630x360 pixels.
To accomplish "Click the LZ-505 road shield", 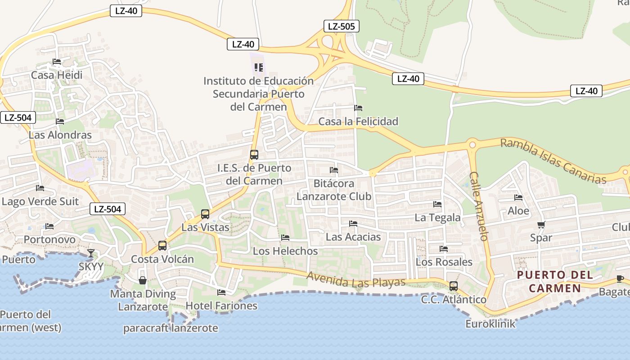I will [x=341, y=26].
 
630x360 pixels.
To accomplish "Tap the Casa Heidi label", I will [x=57, y=75].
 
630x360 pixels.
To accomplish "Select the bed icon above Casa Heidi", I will [x=57, y=62].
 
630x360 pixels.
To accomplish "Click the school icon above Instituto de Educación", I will [x=258, y=67].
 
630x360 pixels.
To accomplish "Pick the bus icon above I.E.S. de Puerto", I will [x=254, y=155].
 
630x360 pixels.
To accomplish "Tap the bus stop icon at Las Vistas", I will [x=205, y=214].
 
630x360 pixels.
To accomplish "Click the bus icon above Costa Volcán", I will [x=162, y=246].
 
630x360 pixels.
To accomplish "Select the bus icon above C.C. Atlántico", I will [x=454, y=286].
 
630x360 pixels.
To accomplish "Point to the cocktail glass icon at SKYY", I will [x=91, y=253].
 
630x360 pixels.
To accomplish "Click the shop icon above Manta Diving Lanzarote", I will [x=143, y=280].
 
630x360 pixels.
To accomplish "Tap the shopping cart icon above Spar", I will [x=541, y=225].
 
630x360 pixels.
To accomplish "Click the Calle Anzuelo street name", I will [x=479, y=206].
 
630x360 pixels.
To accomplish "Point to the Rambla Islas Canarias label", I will [x=553, y=161].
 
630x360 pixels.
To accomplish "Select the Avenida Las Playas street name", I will [x=356, y=279].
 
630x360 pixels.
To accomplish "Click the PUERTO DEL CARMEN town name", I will [x=554, y=281].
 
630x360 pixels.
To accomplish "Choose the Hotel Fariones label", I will [x=221, y=306].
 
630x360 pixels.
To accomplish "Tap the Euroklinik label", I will [x=490, y=324].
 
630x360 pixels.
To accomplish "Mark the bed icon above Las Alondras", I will [x=60, y=121].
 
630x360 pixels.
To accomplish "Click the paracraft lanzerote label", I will [x=171, y=328].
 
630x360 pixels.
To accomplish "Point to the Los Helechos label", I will [x=285, y=251].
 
